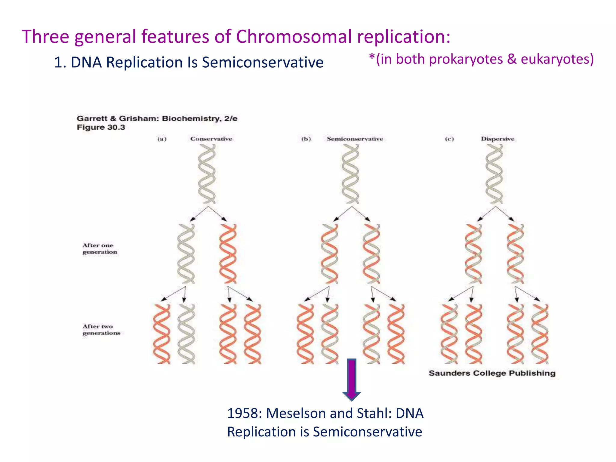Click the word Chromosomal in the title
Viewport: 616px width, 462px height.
click(x=294, y=37)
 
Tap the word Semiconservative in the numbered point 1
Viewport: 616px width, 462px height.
click(x=263, y=63)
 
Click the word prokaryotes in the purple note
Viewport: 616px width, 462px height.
click(x=466, y=59)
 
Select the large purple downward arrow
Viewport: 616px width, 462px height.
click(x=351, y=379)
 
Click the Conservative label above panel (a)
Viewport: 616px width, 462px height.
click(x=211, y=139)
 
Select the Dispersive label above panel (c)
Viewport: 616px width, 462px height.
click(x=497, y=139)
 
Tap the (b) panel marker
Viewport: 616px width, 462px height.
click(x=306, y=139)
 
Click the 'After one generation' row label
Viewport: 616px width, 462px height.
click(x=100, y=249)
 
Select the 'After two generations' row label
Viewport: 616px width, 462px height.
click(x=101, y=330)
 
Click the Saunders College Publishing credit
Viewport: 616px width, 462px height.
click(x=492, y=373)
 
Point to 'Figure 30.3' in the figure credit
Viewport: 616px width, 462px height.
click(x=101, y=128)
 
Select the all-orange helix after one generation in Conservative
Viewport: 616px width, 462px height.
click(x=228, y=254)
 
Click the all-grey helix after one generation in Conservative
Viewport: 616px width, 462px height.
click(x=186, y=254)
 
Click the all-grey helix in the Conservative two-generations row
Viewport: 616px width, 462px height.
click(x=186, y=334)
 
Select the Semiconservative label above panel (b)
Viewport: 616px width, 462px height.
click(x=355, y=139)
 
